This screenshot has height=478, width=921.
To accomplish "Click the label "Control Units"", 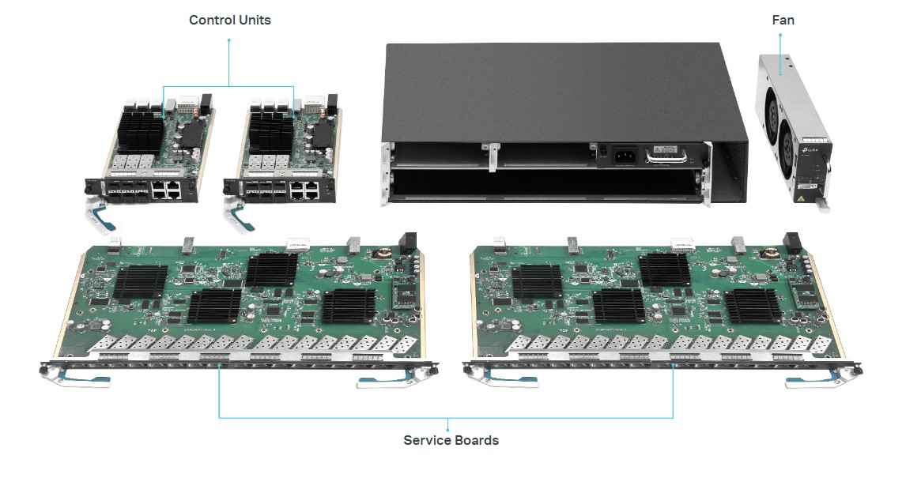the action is click(x=230, y=20).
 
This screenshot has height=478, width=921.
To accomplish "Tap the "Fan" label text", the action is click(x=783, y=20).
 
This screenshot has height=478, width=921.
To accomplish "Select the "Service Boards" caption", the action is click(x=451, y=440).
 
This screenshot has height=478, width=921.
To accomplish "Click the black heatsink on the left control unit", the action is click(x=141, y=131).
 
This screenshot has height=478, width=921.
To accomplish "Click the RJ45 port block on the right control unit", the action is click(x=305, y=191).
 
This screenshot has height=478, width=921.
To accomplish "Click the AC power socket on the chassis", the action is click(x=623, y=156).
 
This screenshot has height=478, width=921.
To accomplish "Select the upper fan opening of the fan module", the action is click(x=769, y=110).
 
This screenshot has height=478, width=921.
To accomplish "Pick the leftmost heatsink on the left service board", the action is click(x=141, y=283).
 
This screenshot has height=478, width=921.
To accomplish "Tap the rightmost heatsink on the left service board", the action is click(x=349, y=306).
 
